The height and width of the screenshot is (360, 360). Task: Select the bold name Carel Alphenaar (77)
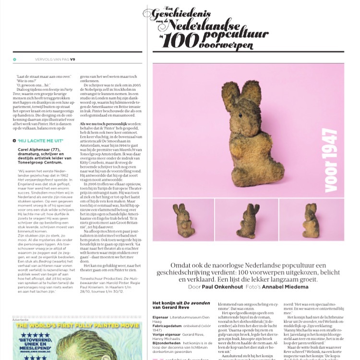tap(37, 149)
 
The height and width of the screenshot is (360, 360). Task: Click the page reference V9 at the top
tap(73, 60)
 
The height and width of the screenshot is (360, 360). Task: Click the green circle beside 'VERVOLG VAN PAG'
tap(14, 60)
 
